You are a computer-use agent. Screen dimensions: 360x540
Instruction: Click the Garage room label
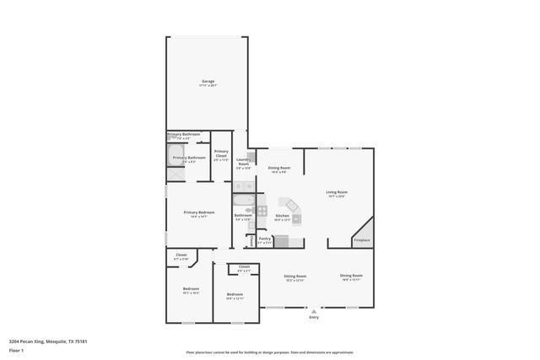pyautogui.click(x=208, y=82)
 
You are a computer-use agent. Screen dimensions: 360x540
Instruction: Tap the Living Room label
pyautogui.click(x=337, y=192)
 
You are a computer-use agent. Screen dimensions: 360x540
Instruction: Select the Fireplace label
pyautogui.click(x=361, y=240)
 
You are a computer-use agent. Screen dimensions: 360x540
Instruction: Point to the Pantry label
pyautogui.click(x=265, y=239)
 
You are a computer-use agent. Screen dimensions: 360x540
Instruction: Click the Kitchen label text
pyautogui.click(x=283, y=216)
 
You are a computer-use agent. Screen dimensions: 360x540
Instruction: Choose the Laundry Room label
pyautogui.click(x=243, y=163)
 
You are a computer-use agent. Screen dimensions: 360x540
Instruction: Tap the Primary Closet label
pyautogui.click(x=221, y=154)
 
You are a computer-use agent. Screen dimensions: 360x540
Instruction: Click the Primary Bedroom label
pyautogui.click(x=199, y=212)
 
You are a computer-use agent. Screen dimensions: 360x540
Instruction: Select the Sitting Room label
pyautogui.click(x=294, y=277)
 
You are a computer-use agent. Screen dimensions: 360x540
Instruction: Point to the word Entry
pyautogui.click(x=314, y=318)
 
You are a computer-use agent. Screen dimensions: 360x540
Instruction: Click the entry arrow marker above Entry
pyautogui.click(x=314, y=309)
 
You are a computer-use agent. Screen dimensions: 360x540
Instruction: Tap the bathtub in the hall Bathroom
pyautogui.click(x=242, y=202)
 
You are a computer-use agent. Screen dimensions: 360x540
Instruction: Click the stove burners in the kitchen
pyautogui.click(x=262, y=210)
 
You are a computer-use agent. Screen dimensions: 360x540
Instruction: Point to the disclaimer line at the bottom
pyautogui.click(x=269, y=352)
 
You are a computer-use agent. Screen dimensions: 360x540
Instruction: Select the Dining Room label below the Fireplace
pyautogui.click(x=352, y=277)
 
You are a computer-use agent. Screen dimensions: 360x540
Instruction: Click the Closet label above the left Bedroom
pyautogui.click(x=181, y=255)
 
